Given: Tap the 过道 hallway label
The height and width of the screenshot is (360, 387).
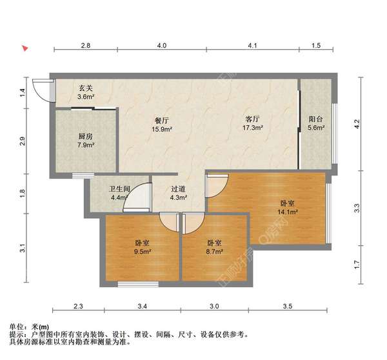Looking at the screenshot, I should coord(179,189).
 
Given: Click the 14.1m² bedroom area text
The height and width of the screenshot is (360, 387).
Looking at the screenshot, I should coord(286,211).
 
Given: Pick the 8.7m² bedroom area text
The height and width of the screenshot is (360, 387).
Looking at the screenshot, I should coord(214,253).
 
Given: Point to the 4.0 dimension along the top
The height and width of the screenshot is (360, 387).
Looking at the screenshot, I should coord(161,46).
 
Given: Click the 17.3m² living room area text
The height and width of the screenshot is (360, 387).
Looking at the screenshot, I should coord(252,129).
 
